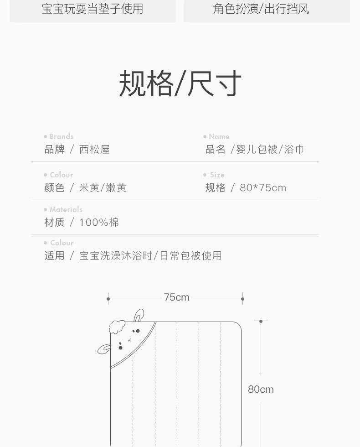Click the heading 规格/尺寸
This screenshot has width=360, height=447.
(x=180, y=84)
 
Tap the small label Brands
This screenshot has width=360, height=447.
(x=61, y=136)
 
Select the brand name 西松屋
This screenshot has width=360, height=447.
(x=94, y=150)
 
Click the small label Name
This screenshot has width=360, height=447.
(x=219, y=136)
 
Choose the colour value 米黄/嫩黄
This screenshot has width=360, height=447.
(x=103, y=187)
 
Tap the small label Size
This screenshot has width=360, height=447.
(x=217, y=175)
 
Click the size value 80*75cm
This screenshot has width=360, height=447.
(x=263, y=187)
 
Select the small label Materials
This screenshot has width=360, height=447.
(x=66, y=209)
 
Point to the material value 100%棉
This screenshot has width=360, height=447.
(x=99, y=222)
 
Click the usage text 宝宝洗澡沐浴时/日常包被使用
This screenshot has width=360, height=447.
(x=150, y=255)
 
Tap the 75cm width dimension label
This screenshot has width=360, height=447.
(x=176, y=297)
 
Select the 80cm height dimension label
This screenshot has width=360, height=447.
(x=261, y=389)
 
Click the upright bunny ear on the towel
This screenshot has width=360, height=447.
(x=139, y=315)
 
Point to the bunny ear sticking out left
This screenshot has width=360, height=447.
(x=104, y=349)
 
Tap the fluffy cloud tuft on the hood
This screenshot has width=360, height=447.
(x=117, y=327)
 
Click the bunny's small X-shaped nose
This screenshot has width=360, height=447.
(x=129, y=340)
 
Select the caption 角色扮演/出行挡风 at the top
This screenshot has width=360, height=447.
(x=261, y=9)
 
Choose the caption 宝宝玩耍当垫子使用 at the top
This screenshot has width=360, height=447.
(x=93, y=9)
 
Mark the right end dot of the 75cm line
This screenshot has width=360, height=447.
(x=242, y=299)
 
